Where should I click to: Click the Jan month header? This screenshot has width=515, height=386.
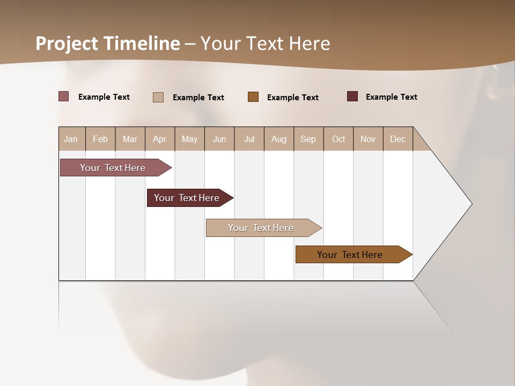tap(71, 139)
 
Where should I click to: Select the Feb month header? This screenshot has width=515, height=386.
tap(100, 139)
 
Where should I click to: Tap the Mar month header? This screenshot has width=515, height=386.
tap(130, 139)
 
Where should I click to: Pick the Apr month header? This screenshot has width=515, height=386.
tap(160, 139)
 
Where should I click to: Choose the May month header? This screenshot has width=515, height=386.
tap(189, 139)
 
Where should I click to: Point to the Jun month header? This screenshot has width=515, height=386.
tap(219, 139)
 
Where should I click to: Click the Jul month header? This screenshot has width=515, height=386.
tap(249, 139)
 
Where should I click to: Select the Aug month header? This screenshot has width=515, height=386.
tap(279, 139)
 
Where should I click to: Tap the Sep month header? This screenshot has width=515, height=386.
tap(308, 139)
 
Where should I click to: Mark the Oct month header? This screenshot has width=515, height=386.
tap(339, 139)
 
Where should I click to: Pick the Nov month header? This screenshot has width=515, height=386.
tap(368, 139)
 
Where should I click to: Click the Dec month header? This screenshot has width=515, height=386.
tap(398, 139)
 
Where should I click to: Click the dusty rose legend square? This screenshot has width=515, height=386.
tap(63, 96)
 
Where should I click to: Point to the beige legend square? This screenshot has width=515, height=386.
tap(158, 97)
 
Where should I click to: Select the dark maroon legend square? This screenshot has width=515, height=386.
tap(352, 96)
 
